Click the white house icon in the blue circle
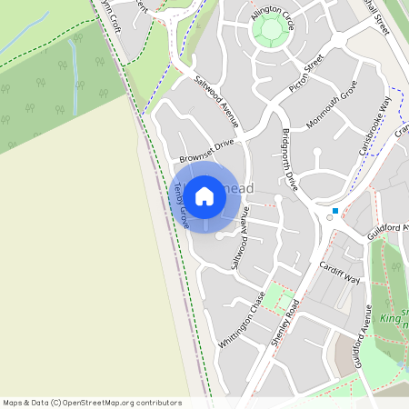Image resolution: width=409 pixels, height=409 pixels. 204,196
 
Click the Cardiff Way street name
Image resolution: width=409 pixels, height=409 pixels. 339,273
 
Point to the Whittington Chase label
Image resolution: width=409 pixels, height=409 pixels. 242,321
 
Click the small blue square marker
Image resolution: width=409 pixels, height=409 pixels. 335,211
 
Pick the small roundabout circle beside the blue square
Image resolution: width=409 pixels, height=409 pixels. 329,218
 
